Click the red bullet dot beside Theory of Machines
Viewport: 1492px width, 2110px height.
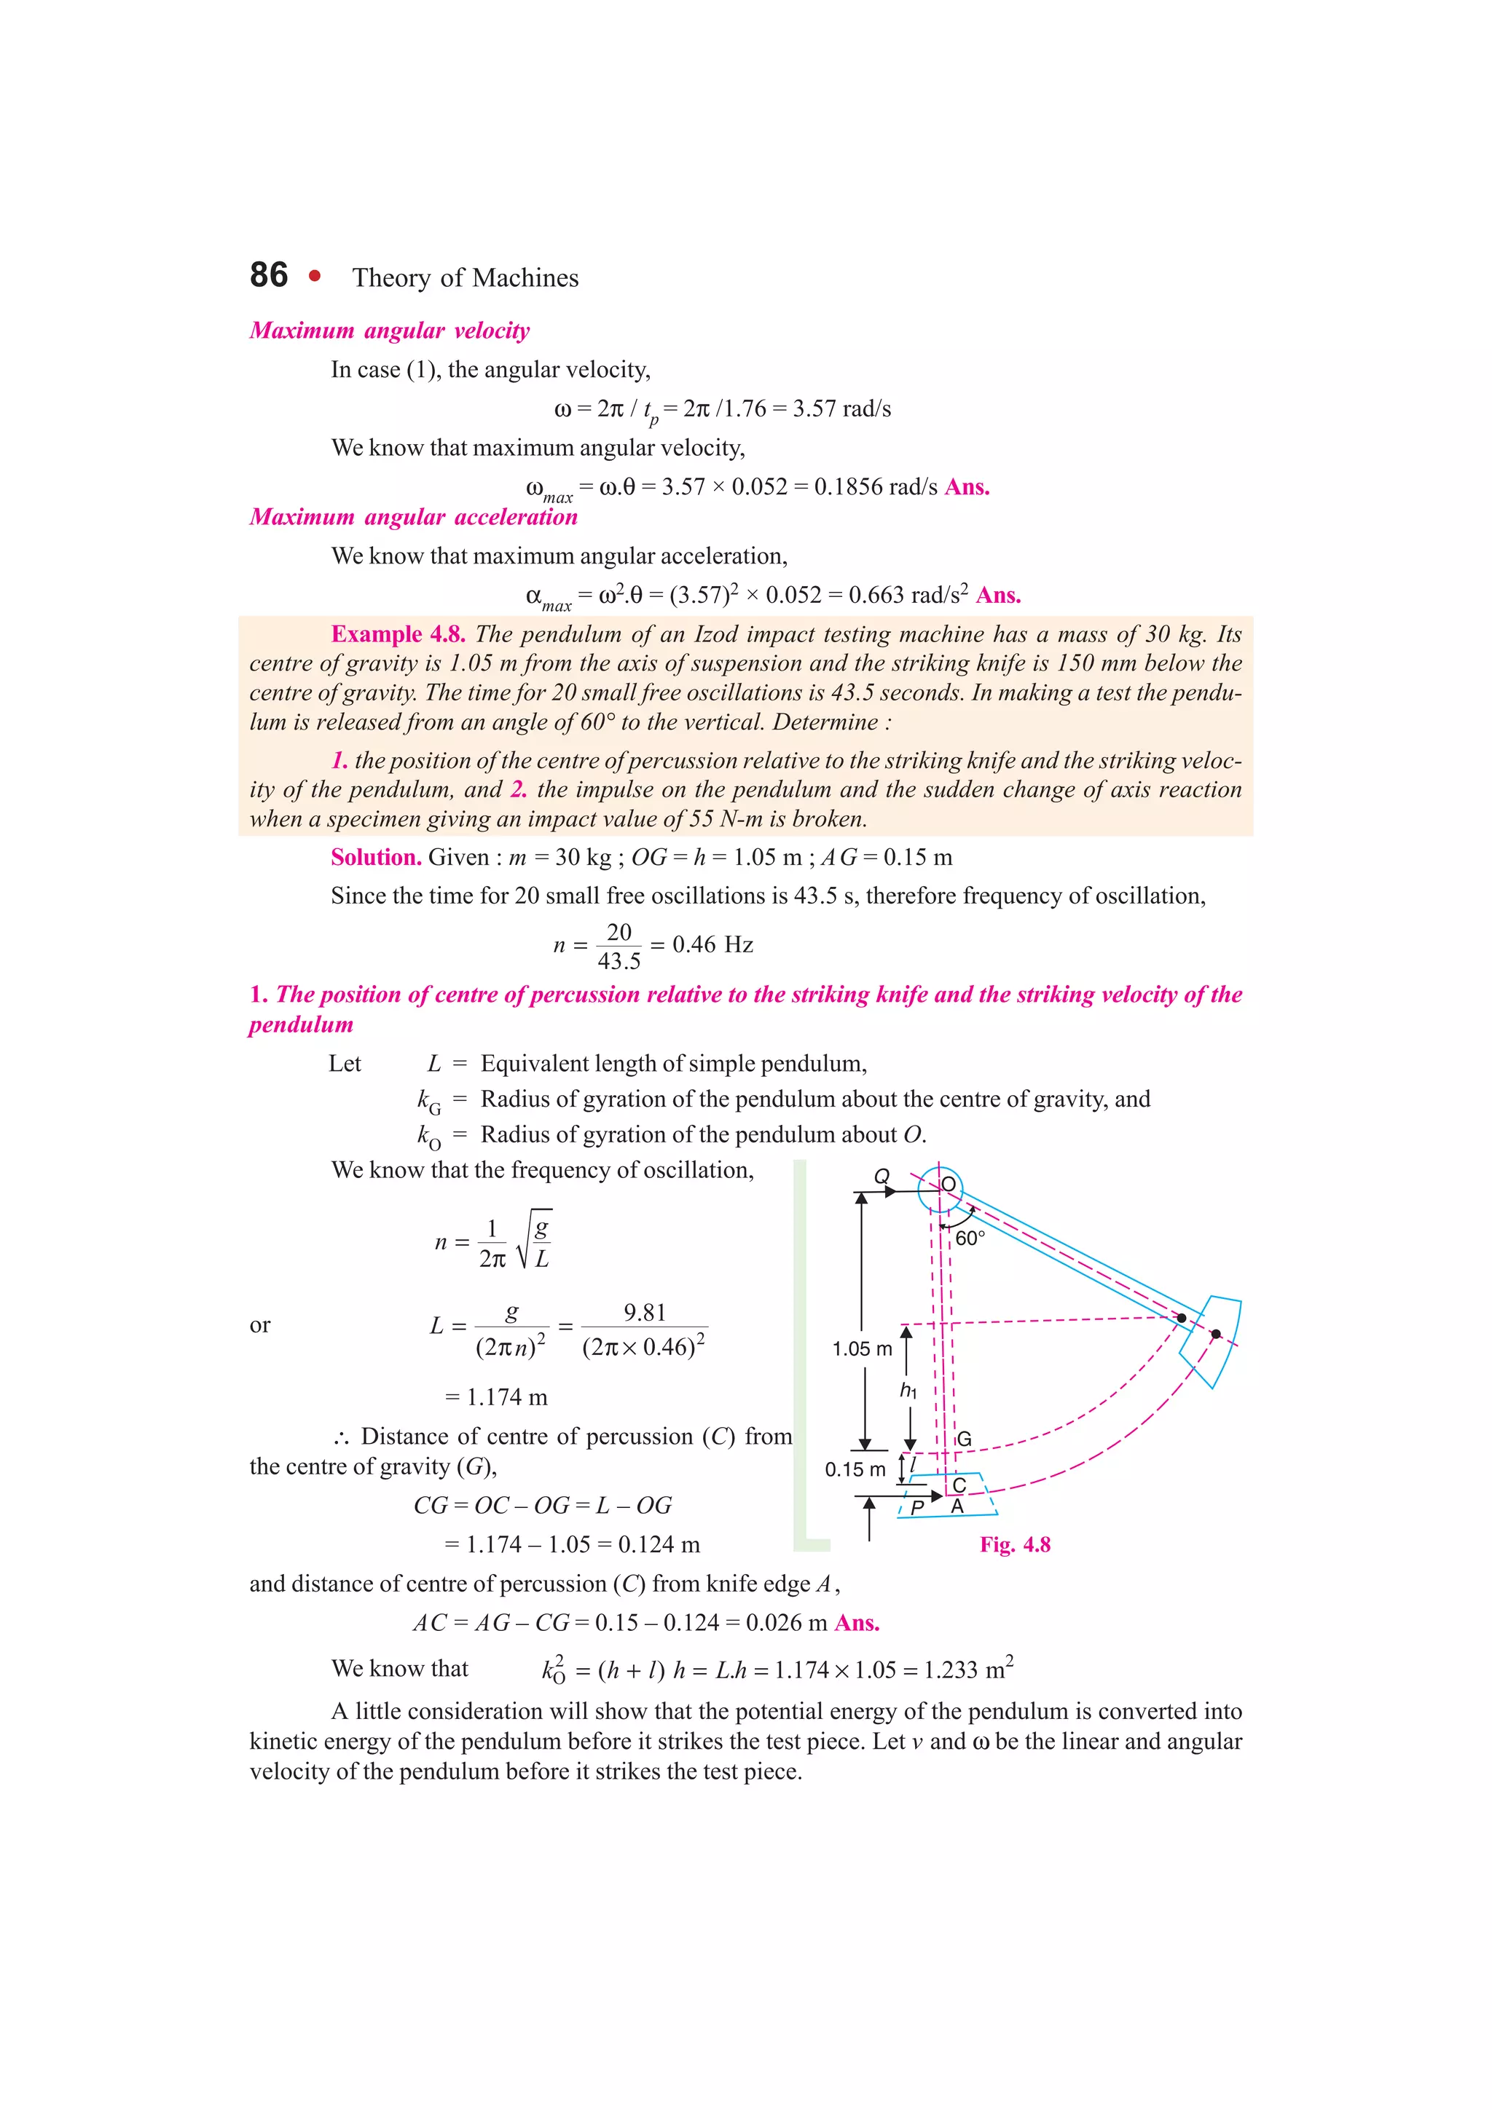pyautogui.click(x=315, y=276)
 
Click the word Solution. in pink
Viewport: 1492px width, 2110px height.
pyautogui.click(x=376, y=858)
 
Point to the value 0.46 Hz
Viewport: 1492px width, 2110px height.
pyautogui.click(x=712, y=945)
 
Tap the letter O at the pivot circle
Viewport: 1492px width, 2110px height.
pyautogui.click(x=948, y=1184)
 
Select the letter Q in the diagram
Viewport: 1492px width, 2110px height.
pyautogui.click(x=882, y=1177)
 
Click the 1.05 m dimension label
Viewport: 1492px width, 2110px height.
pyautogui.click(x=863, y=1349)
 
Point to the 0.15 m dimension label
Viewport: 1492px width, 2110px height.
pyautogui.click(x=855, y=1469)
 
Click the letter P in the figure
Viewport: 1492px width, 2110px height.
pyautogui.click(x=916, y=1507)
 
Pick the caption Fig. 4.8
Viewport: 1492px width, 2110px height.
pyautogui.click(x=1015, y=1545)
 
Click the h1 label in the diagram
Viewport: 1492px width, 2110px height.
pyautogui.click(x=908, y=1391)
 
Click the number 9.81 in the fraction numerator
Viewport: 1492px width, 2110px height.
pyautogui.click(x=645, y=1312)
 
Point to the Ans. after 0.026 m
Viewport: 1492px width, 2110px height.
pyautogui.click(x=857, y=1623)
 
